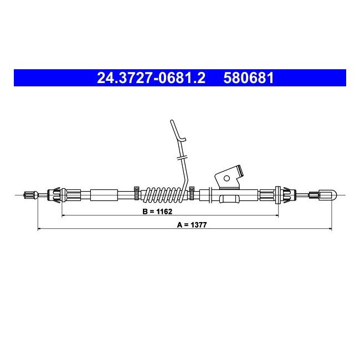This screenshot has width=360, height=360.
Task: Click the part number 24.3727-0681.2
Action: [x=151, y=78]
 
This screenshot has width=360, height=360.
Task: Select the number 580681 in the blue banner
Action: [x=249, y=78]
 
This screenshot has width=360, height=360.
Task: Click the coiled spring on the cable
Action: [x=163, y=194]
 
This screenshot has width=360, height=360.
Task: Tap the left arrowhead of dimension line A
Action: [x=39, y=228]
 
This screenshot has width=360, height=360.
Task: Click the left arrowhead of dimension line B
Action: [x=63, y=215]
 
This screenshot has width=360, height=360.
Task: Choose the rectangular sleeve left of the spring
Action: [x=104, y=194]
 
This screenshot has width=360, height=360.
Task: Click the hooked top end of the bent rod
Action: [x=172, y=125]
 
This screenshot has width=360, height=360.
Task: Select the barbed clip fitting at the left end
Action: [x=57, y=194]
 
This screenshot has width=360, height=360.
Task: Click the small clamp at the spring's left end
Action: [x=136, y=192]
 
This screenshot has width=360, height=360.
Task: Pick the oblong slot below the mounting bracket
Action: [x=229, y=198]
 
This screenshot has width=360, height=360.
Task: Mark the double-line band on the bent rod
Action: [x=182, y=158]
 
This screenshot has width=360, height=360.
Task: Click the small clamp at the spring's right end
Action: [x=192, y=192]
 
